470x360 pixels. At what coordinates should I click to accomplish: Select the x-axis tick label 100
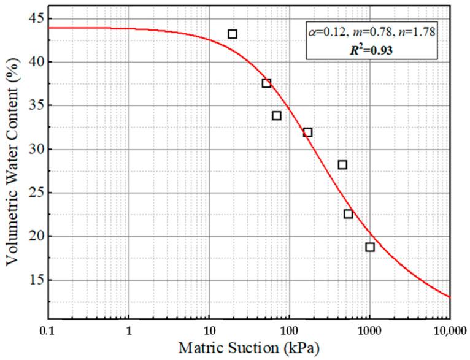coord(290,330)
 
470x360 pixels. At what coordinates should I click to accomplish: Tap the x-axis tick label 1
coord(129,330)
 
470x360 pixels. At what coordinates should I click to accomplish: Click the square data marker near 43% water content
coord(233,34)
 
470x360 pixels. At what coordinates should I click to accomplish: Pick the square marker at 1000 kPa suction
coord(370,247)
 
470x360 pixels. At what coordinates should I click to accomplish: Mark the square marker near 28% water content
coord(342,165)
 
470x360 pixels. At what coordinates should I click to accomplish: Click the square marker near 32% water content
coord(307,132)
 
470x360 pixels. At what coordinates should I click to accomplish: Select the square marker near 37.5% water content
coord(266,83)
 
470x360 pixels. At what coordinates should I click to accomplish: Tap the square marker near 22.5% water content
coord(348,214)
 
